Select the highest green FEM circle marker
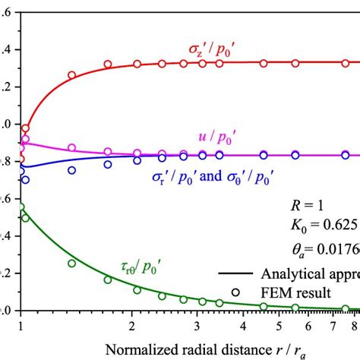pos(21,207)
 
